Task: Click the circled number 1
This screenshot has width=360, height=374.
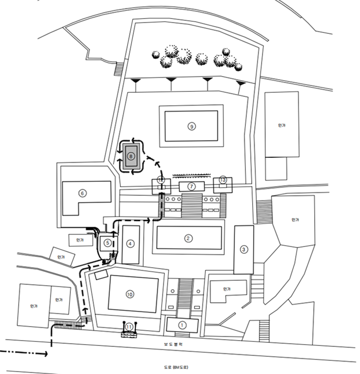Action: tap(182, 324)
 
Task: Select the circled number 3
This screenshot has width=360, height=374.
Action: tap(243, 250)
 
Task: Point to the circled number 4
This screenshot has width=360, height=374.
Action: tap(130, 242)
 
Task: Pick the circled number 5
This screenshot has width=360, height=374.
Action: tap(107, 242)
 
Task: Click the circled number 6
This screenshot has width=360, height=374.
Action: tap(82, 193)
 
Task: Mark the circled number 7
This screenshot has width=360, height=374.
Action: tap(191, 186)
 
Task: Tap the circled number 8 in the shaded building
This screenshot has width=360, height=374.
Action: tap(130, 155)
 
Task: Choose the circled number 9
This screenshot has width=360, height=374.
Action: tap(192, 126)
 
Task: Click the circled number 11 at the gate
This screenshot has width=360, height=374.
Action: tap(129, 326)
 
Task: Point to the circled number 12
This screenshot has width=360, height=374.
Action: tap(160, 180)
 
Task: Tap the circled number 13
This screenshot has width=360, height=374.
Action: tap(223, 180)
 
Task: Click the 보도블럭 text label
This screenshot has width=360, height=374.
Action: tap(179, 345)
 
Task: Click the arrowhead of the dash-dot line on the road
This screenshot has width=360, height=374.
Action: tap(45, 354)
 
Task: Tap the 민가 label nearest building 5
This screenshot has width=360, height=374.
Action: tap(79, 240)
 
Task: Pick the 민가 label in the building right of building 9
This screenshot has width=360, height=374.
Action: tap(281, 126)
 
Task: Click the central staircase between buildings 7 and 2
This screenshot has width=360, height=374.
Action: tap(191, 205)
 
